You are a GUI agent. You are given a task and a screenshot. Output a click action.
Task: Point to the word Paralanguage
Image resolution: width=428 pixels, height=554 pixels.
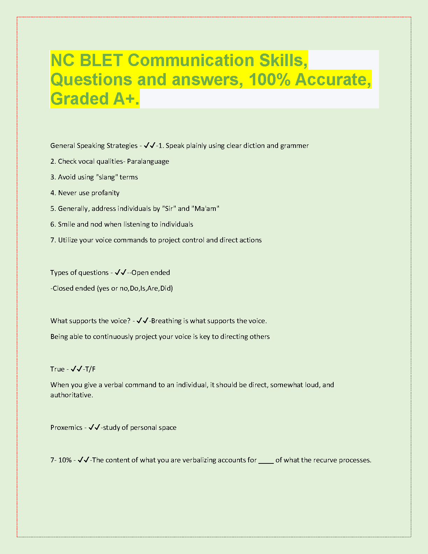(148, 161)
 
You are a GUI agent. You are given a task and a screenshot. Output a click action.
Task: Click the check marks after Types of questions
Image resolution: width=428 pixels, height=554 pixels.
(120, 272)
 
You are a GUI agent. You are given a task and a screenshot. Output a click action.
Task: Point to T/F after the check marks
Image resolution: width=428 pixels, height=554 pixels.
(91, 369)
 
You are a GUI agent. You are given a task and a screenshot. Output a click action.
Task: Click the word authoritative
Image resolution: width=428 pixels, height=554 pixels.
(72, 395)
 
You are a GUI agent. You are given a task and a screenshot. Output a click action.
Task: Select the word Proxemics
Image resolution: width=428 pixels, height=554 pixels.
(66, 427)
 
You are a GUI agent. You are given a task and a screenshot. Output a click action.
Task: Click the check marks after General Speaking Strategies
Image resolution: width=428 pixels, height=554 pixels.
(149, 145)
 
